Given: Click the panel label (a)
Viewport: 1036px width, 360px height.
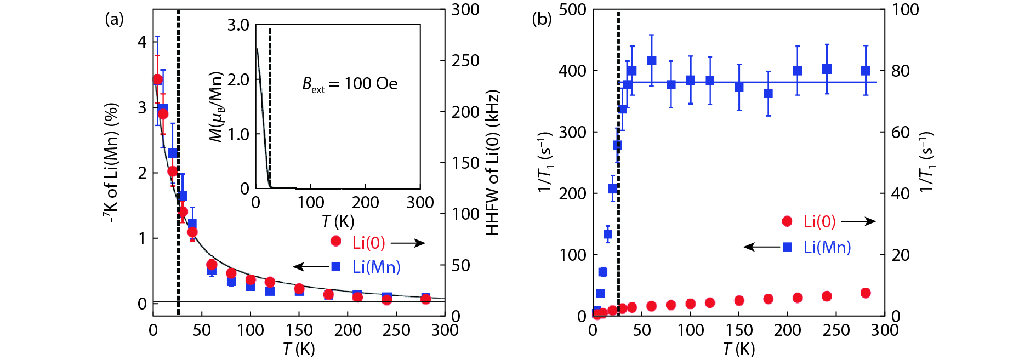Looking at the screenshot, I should (x=114, y=20).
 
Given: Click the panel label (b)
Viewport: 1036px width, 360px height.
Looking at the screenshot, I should (x=542, y=20).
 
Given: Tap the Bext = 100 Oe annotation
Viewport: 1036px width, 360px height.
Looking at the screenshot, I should (x=350, y=84).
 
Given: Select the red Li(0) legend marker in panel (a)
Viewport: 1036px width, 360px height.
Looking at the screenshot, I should (x=336, y=241).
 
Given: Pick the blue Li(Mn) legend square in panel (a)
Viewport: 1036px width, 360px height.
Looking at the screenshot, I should (x=336, y=267).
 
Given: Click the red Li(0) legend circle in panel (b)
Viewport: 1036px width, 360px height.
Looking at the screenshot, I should (x=787, y=221).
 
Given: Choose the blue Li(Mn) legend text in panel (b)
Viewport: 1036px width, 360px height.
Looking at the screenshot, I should (x=827, y=247).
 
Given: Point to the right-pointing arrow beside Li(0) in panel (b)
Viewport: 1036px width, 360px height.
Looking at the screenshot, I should (x=858, y=221).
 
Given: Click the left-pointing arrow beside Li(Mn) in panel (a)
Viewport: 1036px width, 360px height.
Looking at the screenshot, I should (x=311, y=267).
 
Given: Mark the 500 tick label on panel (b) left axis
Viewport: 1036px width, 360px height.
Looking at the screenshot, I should (x=572, y=10).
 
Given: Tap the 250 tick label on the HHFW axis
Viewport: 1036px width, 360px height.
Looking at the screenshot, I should (x=465, y=61).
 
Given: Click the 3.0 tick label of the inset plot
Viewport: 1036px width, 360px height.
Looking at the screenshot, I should (x=238, y=25).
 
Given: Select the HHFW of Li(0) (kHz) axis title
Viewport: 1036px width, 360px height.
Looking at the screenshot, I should (x=492, y=163).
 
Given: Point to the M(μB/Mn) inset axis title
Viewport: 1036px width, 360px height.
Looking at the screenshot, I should (x=217, y=107).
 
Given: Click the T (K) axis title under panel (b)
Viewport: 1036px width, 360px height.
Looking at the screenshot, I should (x=738, y=349).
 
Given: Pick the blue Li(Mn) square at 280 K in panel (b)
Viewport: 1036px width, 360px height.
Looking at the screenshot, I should (x=866, y=71).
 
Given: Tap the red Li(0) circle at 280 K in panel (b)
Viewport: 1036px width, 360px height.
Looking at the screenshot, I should (x=866, y=293).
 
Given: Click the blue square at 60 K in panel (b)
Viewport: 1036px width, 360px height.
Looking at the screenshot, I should (x=652, y=61).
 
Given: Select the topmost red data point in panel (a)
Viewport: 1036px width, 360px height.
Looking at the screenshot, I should (x=157, y=79).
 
